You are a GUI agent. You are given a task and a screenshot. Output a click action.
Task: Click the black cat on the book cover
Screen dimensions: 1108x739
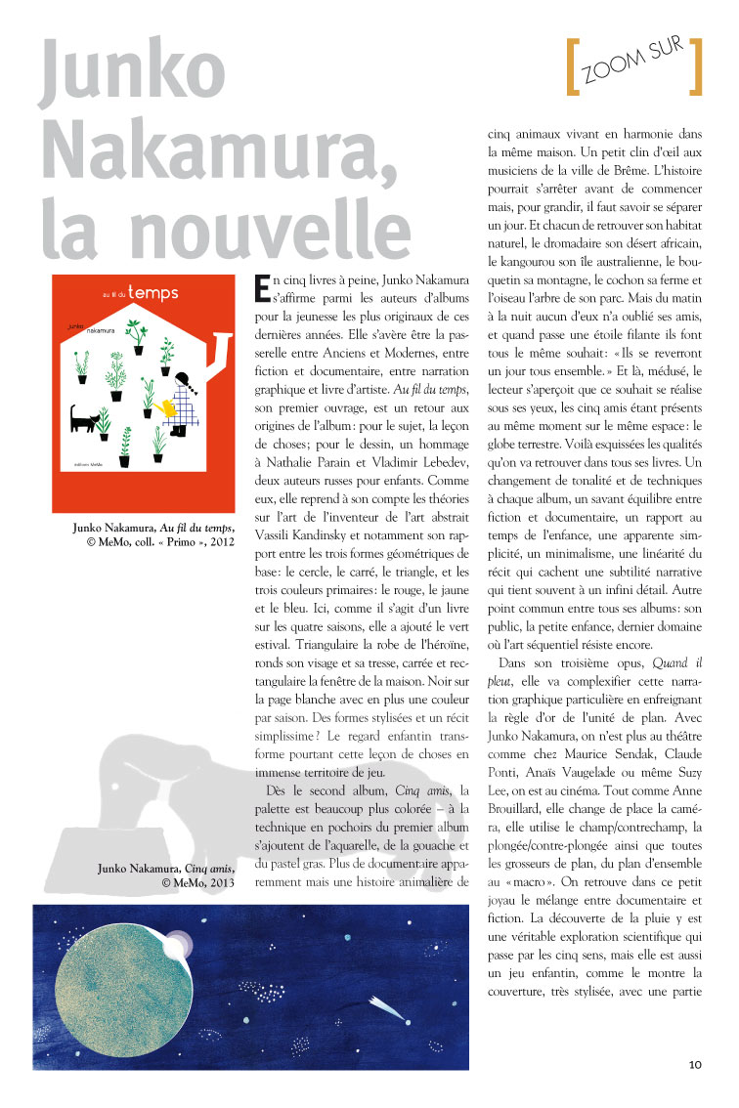pyautogui.click(x=84, y=419)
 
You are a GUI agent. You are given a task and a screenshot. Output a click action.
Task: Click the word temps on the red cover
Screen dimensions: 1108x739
pyautogui.click(x=153, y=291)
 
